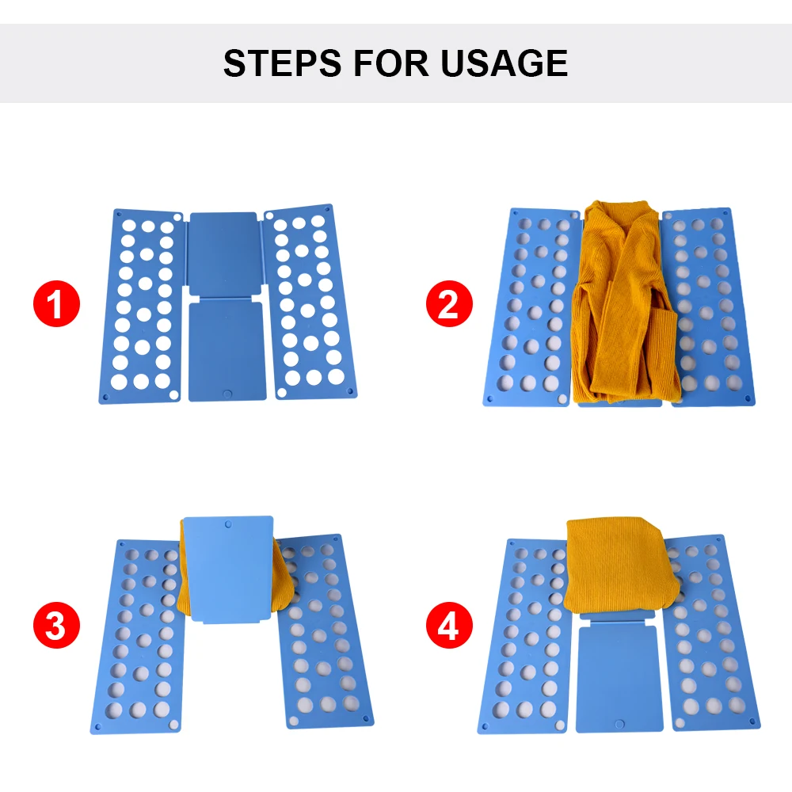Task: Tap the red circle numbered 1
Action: click(x=56, y=306)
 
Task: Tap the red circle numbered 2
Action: click(x=448, y=306)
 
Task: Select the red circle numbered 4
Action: click(x=448, y=628)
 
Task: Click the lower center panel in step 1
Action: click(x=228, y=348)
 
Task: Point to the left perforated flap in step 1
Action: click(x=143, y=306)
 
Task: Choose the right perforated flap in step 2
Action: click(x=710, y=305)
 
